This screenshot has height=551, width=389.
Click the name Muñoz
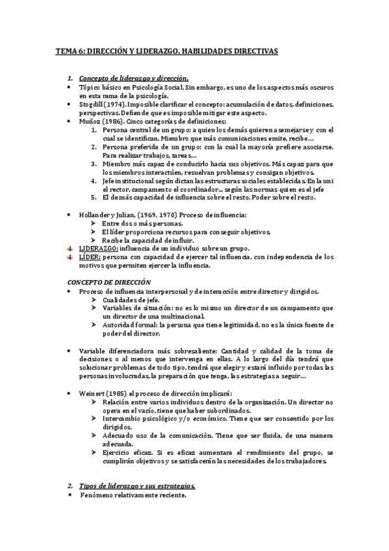click(90, 122)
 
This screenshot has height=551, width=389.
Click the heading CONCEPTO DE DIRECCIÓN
click(109, 282)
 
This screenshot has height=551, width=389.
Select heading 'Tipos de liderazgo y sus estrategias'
click(136, 486)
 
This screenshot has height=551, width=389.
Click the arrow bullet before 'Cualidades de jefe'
click(94, 300)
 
